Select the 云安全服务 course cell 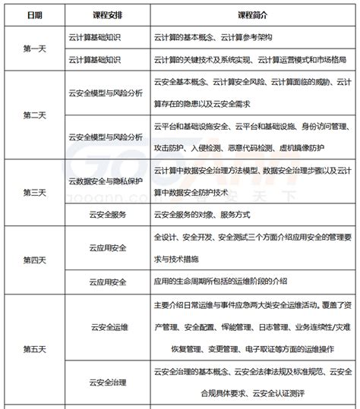click(109, 215)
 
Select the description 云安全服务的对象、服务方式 click(202, 215)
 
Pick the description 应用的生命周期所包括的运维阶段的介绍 click(220, 282)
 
